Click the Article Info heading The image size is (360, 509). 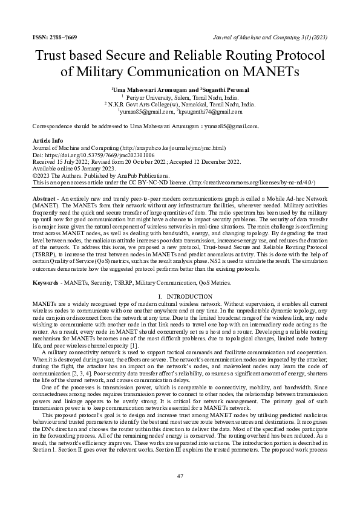[48, 140]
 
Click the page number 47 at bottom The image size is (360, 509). [180, 476]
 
